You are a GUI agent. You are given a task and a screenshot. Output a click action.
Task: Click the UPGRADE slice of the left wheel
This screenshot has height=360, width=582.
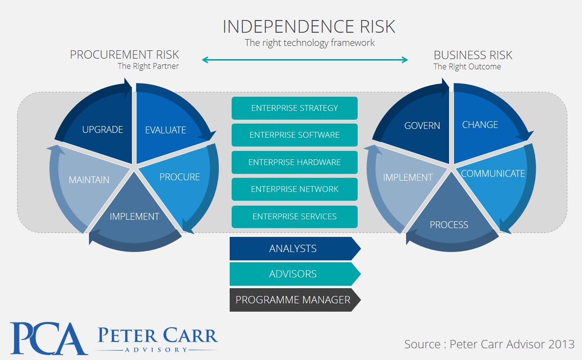(x=103, y=130)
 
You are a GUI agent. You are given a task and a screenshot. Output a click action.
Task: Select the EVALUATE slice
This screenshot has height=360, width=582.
(x=166, y=130)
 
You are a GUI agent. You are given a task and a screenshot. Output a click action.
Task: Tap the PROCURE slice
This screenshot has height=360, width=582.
(x=179, y=177)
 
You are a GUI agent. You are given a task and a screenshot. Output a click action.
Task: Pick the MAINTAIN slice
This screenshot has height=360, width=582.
(x=89, y=180)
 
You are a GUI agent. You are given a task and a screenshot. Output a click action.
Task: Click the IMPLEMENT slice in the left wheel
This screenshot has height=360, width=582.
(x=134, y=216)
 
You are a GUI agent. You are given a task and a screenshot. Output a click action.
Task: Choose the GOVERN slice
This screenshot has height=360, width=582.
(x=422, y=126)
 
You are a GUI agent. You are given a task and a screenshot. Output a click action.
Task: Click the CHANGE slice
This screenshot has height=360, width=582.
(x=480, y=125)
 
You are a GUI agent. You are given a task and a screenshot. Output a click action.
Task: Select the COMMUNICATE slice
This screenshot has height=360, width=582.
(x=493, y=174)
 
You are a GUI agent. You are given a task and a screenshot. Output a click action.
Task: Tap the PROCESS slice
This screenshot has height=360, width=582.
(x=449, y=225)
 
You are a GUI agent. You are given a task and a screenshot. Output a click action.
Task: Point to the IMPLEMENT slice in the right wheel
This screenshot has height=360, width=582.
(x=408, y=177)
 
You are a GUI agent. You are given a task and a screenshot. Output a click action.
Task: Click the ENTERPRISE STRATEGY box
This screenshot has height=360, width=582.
(x=294, y=108)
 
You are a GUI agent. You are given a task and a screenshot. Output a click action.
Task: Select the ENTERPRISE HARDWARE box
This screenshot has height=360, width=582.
(x=294, y=162)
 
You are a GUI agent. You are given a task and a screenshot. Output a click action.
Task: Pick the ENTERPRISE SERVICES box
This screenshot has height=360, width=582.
(x=294, y=216)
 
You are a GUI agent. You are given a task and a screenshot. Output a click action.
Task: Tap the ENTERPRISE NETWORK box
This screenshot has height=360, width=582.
(x=294, y=189)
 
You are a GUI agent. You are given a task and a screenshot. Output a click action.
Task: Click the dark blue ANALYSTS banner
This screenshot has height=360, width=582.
(x=293, y=249)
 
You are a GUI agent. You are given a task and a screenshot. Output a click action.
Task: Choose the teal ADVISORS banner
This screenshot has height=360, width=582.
(x=293, y=274)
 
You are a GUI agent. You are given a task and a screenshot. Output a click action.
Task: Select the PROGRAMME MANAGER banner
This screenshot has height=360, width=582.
(x=293, y=300)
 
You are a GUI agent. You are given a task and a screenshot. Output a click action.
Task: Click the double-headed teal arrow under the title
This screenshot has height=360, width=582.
(x=305, y=60)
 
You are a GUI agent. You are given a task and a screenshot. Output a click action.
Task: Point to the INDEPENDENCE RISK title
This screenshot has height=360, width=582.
(x=309, y=26)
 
